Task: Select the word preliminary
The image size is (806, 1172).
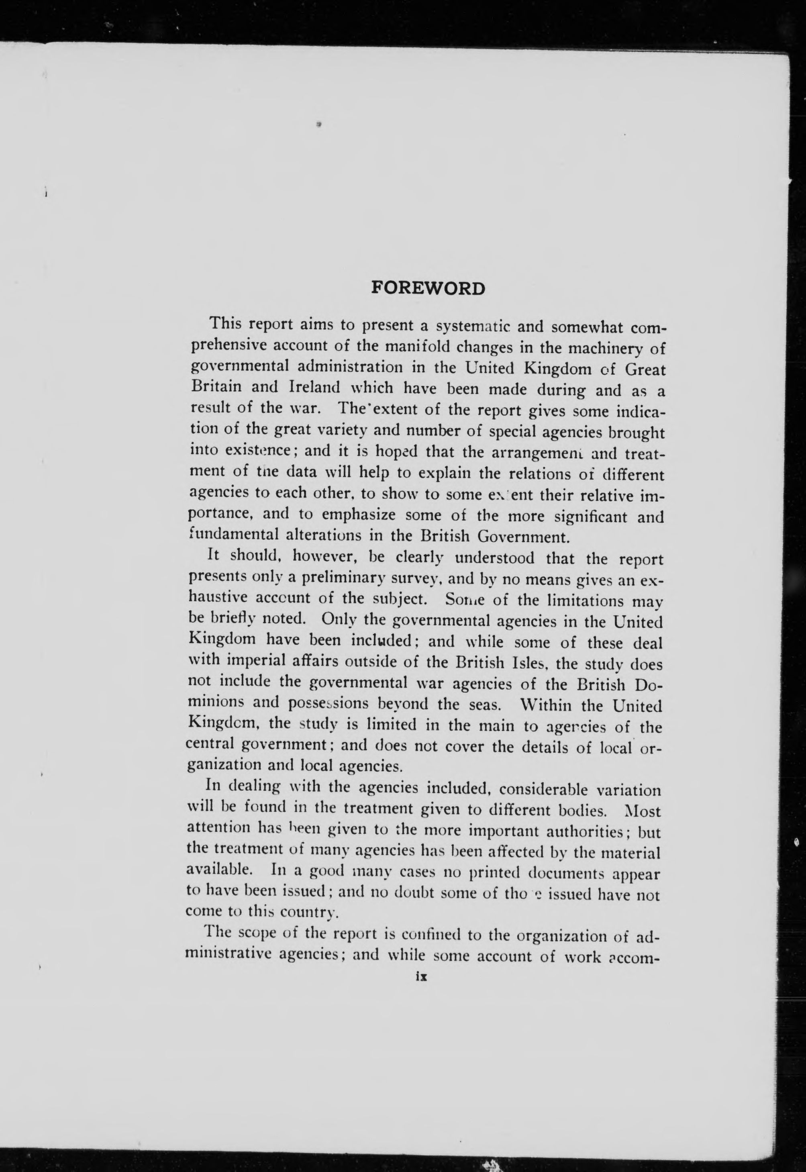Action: [x=345, y=577]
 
